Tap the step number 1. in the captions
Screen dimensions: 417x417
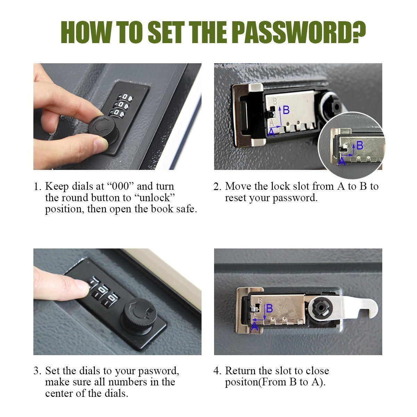click(x=38, y=187)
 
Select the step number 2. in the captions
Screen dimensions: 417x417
click(x=217, y=187)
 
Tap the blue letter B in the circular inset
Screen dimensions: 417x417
click(x=360, y=145)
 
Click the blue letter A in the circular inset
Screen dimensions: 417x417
click(x=342, y=161)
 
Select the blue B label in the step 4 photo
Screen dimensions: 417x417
click(x=269, y=309)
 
